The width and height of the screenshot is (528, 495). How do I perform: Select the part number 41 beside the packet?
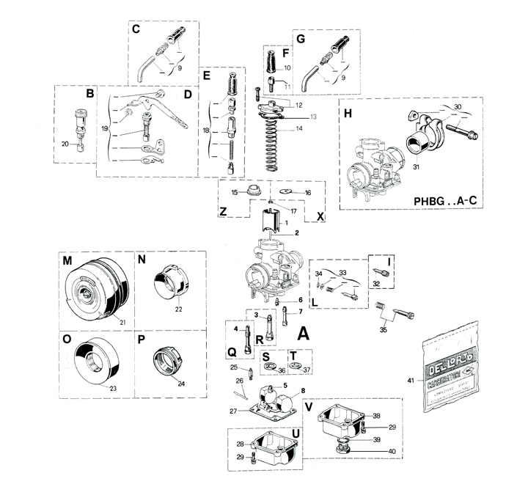(x=411, y=380)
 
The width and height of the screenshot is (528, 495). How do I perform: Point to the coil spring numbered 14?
(x=271, y=139)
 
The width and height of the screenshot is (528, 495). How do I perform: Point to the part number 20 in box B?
(x=65, y=144)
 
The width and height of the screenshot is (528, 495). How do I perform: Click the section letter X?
(x=320, y=216)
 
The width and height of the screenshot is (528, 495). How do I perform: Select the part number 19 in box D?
(x=105, y=128)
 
